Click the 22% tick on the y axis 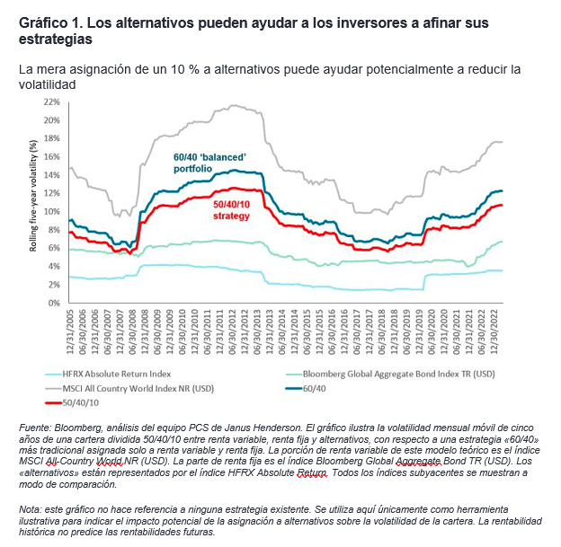51,101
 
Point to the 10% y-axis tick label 51,211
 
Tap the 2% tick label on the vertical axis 54,285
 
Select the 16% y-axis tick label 51,156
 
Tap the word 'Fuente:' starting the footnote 38,426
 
